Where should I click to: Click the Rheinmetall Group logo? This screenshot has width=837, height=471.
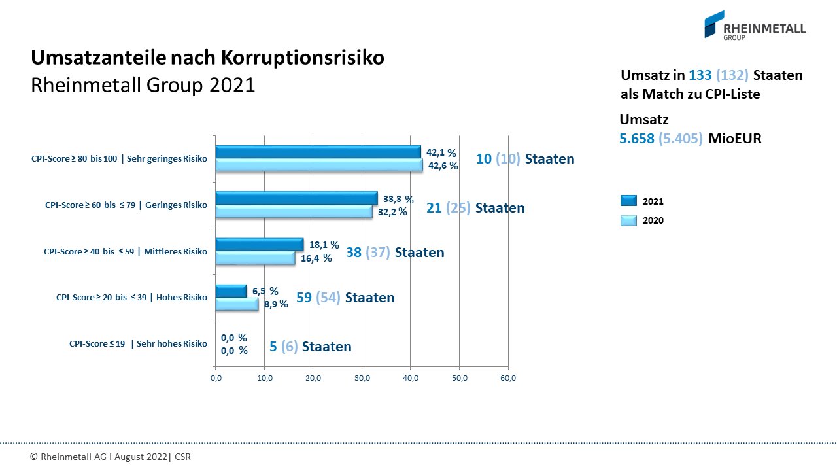755,25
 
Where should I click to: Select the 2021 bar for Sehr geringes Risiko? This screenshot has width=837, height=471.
318,152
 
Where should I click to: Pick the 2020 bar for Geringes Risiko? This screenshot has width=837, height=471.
294,212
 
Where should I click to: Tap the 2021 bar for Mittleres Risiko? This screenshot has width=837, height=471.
259,245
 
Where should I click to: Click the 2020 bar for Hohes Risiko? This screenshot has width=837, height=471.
237,304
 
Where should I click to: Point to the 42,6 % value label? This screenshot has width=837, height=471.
443,166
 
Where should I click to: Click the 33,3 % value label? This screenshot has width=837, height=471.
398,199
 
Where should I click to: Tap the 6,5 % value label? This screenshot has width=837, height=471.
265,291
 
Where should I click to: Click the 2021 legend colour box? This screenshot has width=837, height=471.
628,201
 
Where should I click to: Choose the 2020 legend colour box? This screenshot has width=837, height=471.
628,220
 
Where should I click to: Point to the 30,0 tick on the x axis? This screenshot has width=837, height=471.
362,378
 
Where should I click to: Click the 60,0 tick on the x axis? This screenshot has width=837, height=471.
508,378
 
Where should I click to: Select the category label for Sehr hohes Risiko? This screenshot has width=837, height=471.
138,343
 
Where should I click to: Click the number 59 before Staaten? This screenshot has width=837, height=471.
304,298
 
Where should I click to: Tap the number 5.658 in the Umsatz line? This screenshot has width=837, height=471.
636,139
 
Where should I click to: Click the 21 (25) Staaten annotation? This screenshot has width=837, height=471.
475,208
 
